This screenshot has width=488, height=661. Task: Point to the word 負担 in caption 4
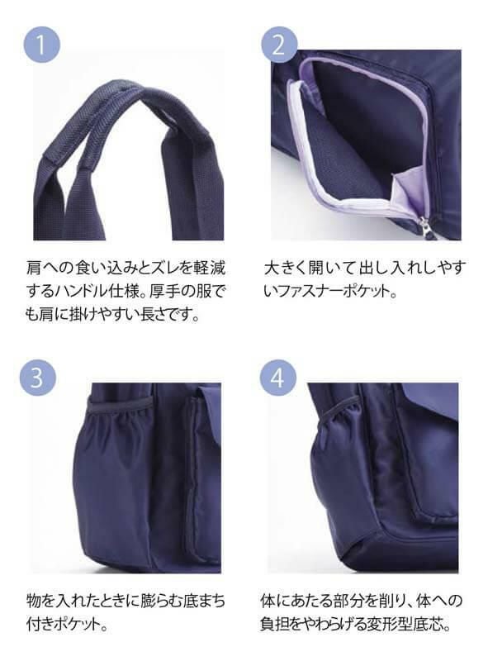coord(282,622)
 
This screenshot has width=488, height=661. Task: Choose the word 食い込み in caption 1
coord(95,269)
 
